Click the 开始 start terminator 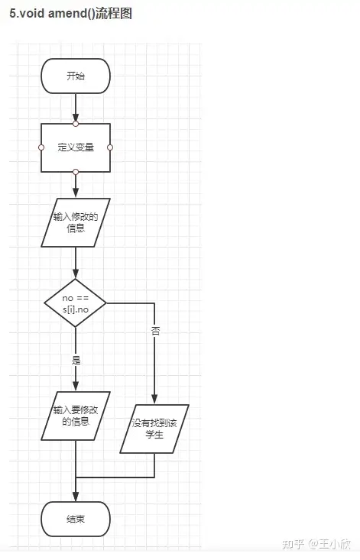76,76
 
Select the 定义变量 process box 76,147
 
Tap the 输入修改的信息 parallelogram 76,222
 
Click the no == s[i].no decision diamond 76,303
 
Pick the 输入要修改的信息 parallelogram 76,416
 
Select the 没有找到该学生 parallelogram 154,429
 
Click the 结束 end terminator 76,519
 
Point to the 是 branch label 76,360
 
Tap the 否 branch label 155,331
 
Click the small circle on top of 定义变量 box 76,124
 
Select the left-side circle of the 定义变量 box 41,147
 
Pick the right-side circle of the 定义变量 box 110,147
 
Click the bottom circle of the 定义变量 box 76,172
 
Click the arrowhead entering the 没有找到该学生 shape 154,400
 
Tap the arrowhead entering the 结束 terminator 76,497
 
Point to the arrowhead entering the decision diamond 76,274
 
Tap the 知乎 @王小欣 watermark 316,544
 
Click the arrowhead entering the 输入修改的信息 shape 76,193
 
